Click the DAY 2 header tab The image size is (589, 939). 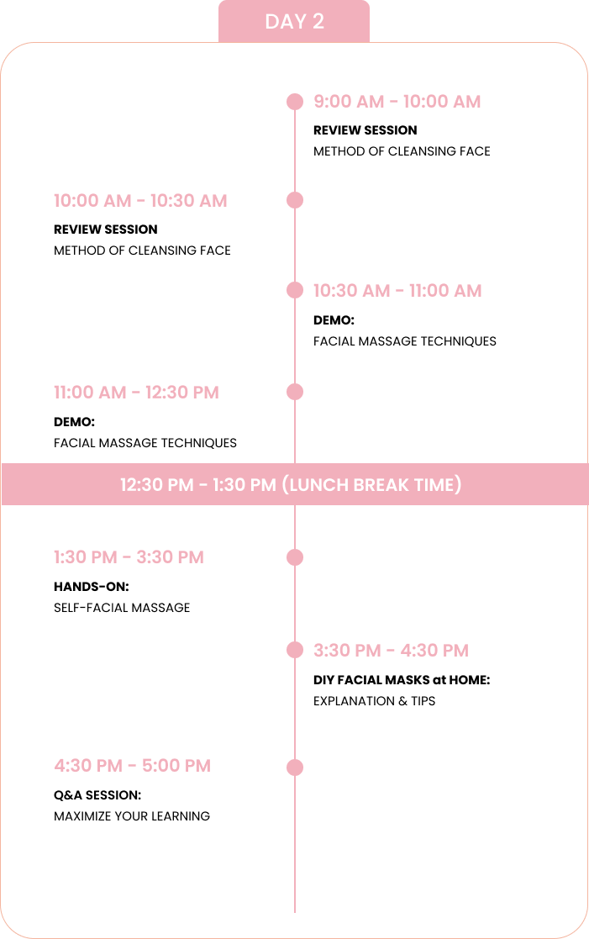pos(294,22)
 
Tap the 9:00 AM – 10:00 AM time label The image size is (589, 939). pos(397,102)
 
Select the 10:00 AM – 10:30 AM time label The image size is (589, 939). pos(140,201)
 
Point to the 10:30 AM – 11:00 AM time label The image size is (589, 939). pos(397,291)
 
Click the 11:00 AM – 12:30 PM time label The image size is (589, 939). pos(136,393)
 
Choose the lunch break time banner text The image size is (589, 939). pos(291,484)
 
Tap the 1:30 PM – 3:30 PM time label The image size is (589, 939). pos(129,557)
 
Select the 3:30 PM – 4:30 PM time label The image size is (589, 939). pos(391,651)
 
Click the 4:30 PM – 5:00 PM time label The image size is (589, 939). pos(132,766)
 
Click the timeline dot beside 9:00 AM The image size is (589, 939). pos(295,102)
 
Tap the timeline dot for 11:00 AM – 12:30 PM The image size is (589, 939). pos(295,393)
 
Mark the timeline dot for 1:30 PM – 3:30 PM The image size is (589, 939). pos(295,557)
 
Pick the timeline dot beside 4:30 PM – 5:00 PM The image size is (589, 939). pos(295,768)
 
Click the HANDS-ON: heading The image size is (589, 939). pos(92,587)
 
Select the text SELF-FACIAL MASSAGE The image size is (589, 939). pos(122,608)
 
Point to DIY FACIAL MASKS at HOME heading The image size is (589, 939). pos(402,680)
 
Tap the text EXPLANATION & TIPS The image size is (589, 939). pos(375,701)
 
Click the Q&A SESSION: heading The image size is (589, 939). pos(97,795)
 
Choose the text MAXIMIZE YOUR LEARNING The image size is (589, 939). pos(132,816)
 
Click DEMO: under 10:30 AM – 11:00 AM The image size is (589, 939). pos(334,320)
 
